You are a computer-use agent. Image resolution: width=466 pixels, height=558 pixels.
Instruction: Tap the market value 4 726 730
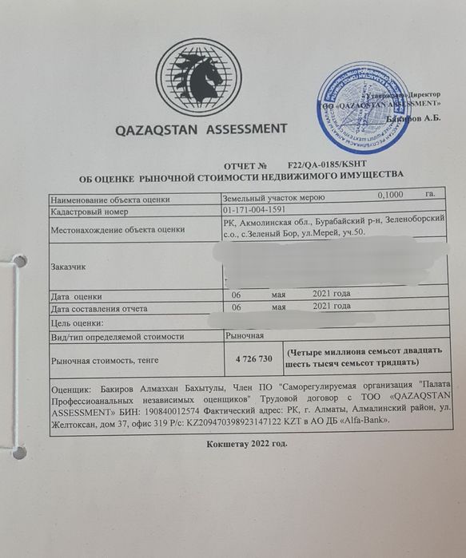coord(254,358)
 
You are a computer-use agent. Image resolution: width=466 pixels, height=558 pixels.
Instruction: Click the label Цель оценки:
coord(78,323)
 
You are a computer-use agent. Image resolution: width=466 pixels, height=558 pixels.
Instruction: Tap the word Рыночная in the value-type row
coord(245,337)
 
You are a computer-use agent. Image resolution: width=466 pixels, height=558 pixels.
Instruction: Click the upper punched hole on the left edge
coord(18,262)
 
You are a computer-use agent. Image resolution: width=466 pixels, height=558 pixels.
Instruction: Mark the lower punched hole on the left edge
coord(18,452)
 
